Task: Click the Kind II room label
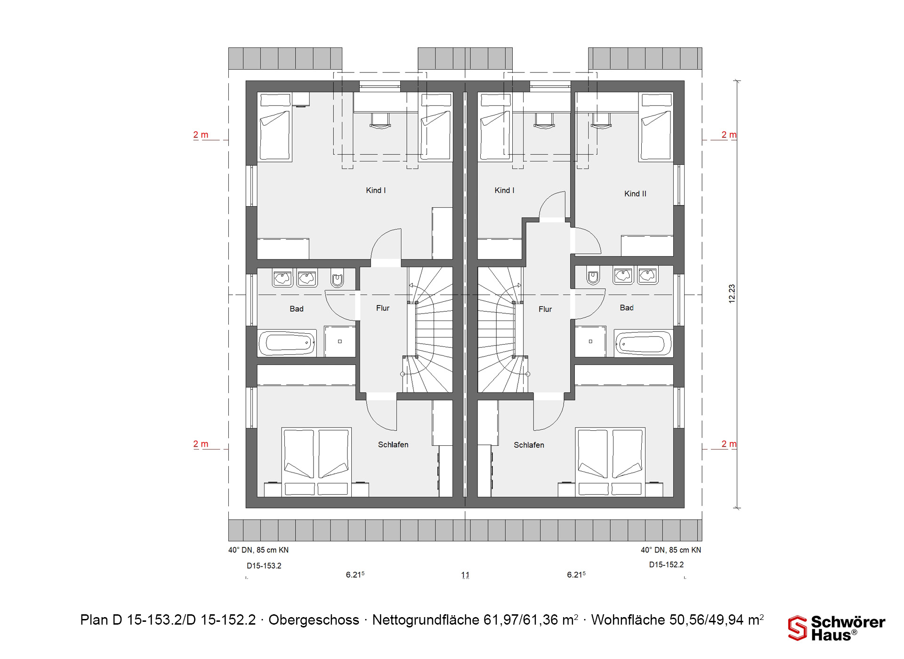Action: point(635,193)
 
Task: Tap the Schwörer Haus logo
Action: point(837,628)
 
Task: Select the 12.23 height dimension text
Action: point(732,294)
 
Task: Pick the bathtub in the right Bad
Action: point(643,344)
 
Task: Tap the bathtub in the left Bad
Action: point(287,343)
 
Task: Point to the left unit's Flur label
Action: point(383,308)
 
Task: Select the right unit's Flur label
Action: point(545,309)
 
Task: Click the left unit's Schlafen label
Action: point(393,444)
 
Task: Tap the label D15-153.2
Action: point(264,566)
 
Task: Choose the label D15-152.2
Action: point(666,564)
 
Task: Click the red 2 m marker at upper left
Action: point(201,135)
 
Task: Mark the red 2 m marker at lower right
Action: point(729,444)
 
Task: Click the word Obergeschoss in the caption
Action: point(314,620)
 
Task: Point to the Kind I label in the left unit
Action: point(376,190)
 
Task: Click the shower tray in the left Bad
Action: point(340,341)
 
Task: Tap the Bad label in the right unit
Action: point(627,307)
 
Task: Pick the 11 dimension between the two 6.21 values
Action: point(465,575)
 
